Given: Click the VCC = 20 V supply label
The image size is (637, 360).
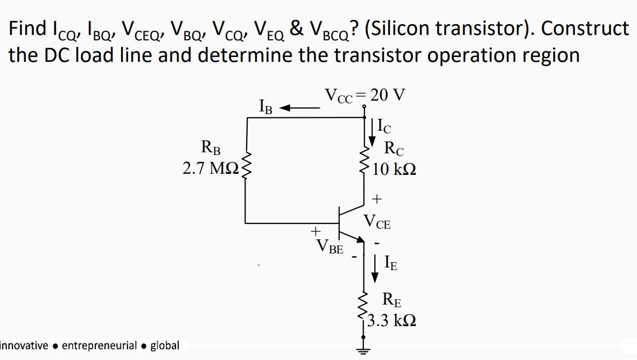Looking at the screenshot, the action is [x=365, y=95].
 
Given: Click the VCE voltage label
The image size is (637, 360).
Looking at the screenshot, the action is [x=377, y=221].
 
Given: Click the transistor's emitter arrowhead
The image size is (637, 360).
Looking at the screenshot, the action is [x=359, y=239].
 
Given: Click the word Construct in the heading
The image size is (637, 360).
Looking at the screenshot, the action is [x=585, y=28].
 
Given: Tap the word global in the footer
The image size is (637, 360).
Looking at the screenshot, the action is [x=165, y=345].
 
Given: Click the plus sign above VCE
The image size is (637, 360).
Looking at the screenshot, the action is [x=377, y=200].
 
